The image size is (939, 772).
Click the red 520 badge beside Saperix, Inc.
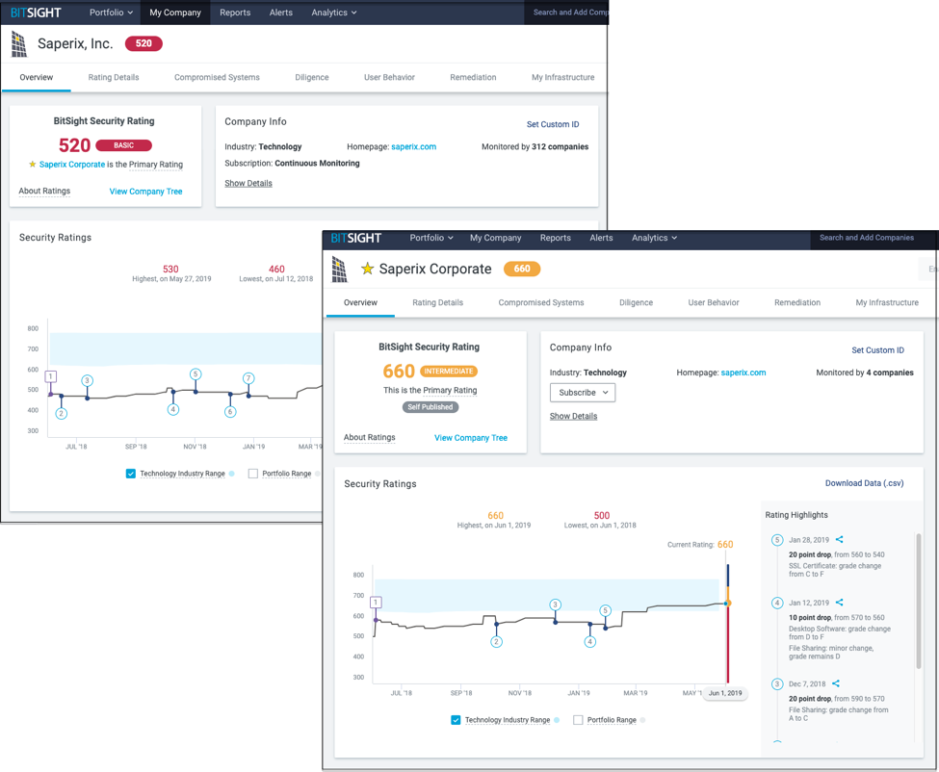[x=143, y=43]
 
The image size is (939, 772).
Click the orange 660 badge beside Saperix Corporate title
[x=521, y=269]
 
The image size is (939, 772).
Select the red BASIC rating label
[x=123, y=145]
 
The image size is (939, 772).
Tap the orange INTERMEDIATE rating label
[x=448, y=371]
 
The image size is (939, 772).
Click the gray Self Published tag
[x=430, y=407]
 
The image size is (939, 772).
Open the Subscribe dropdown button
[x=582, y=393]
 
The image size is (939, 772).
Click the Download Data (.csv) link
[x=864, y=483]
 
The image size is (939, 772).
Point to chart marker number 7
[x=248, y=378]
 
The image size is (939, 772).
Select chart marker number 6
[x=230, y=412]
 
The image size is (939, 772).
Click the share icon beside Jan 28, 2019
[x=840, y=540]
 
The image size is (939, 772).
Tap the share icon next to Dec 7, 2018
[x=836, y=683]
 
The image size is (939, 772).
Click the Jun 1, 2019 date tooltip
[x=725, y=693]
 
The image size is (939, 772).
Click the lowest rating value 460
[x=276, y=270]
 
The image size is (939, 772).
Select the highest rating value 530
[x=170, y=270]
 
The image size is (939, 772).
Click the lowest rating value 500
[x=602, y=516]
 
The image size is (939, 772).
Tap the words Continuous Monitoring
[x=317, y=164]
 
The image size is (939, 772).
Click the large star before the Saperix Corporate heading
[x=367, y=270]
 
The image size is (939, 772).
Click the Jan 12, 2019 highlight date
[x=808, y=603]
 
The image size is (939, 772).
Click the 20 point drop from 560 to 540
[x=836, y=554]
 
